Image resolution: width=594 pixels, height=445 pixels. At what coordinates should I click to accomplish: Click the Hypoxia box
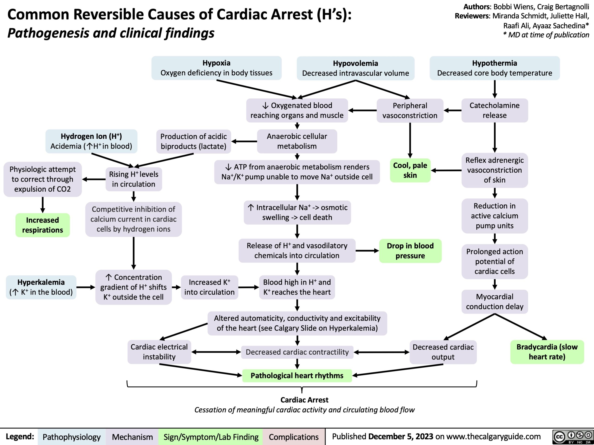click(216, 68)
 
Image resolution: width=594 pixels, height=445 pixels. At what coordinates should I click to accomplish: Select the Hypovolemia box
click(355, 68)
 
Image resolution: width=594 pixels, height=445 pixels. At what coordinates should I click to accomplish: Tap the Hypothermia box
click(494, 68)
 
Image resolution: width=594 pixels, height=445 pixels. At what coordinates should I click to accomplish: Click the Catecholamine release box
click(494, 110)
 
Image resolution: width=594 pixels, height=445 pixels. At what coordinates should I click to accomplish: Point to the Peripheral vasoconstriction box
click(410, 111)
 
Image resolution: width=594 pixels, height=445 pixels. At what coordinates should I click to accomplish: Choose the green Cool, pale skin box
click(410, 170)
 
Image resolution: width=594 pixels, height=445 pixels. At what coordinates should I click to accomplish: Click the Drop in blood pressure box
click(410, 251)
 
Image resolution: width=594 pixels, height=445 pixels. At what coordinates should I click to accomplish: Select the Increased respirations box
click(42, 225)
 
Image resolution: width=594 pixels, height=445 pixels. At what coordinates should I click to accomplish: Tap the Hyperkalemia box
click(41, 287)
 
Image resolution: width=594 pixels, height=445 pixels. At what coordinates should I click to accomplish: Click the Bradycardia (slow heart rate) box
click(547, 352)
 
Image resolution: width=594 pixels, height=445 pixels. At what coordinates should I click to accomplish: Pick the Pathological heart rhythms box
click(297, 375)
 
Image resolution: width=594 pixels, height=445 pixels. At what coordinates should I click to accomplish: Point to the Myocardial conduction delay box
click(494, 302)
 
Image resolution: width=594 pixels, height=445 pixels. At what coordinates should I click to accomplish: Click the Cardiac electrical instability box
click(159, 352)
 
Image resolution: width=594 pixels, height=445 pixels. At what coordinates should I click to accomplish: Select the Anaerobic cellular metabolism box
click(297, 141)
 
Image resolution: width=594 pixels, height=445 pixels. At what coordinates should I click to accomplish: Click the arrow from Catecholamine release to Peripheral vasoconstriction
click(452, 110)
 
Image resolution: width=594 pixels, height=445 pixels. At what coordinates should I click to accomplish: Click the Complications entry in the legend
click(294, 437)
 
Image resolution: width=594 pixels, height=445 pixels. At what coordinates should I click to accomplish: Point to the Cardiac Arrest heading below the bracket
click(304, 400)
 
